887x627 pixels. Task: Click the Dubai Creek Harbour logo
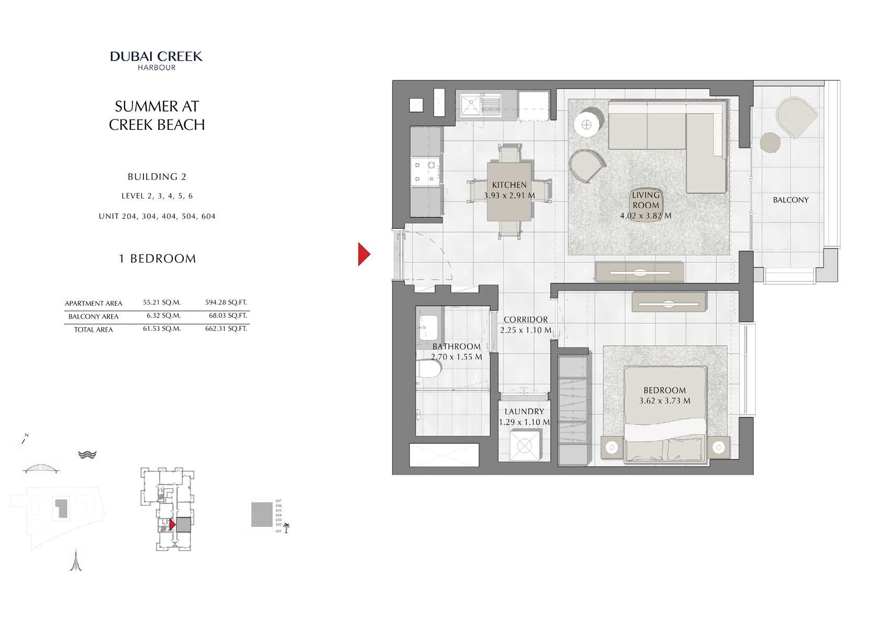pos(156,60)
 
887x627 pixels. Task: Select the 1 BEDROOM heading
pos(157,259)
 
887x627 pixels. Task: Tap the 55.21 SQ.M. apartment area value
pos(161,302)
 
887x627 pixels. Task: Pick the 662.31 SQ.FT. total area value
pos(226,329)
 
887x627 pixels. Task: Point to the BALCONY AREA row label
pos(93,316)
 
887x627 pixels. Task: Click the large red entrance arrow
pos(364,254)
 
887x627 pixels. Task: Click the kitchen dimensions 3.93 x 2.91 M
pos(509,195)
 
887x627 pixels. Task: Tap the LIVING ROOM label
pos(645,200)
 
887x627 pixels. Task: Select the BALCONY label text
pos(790,200)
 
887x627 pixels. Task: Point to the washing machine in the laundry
pos(524,445)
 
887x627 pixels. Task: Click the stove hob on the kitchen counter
pos(425,172)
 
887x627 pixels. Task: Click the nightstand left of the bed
pos(612,447)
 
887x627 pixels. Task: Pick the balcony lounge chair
pos(795,117)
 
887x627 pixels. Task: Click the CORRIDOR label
pos(525,320)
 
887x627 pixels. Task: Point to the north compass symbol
pos(23,441)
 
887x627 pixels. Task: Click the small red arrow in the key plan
pos(172,524)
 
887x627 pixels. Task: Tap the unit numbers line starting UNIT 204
pos(157,216)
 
